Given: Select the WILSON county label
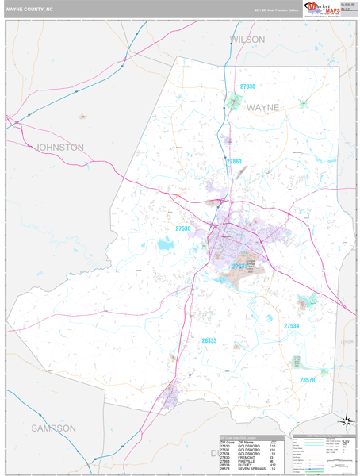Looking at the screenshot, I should tap(247, 39).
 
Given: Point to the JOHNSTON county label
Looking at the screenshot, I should tap(59, 147).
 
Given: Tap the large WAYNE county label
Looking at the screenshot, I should tap(262, 106).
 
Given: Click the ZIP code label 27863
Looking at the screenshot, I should tap(234, 162).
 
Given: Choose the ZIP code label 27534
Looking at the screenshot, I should tap(292, 326).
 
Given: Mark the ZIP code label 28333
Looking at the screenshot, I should tap(209, 340).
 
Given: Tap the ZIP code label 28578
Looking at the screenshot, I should tap(308, 380).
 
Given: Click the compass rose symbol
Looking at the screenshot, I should tap(346, 421).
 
